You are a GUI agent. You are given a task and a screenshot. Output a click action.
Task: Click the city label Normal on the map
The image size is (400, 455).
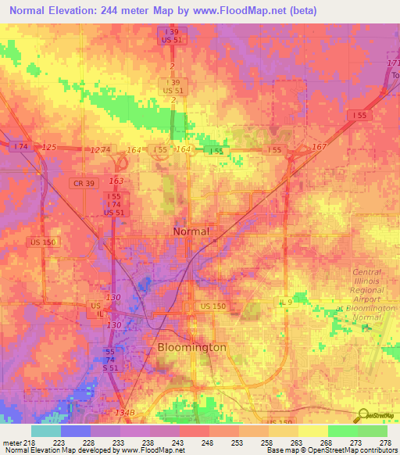[x=191, y=231]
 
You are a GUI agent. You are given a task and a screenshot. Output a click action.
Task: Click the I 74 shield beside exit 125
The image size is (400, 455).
[x=21, y=146]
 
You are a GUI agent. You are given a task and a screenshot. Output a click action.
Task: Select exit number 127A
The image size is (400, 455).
[x=101, y=149]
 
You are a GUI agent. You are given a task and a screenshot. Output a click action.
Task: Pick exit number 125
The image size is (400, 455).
[x=49, y=147]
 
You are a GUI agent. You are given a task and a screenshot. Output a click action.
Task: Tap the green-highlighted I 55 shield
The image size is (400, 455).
[x=215, y=150]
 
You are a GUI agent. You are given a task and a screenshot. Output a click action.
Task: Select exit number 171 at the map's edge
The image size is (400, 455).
[x=392, y=63]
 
